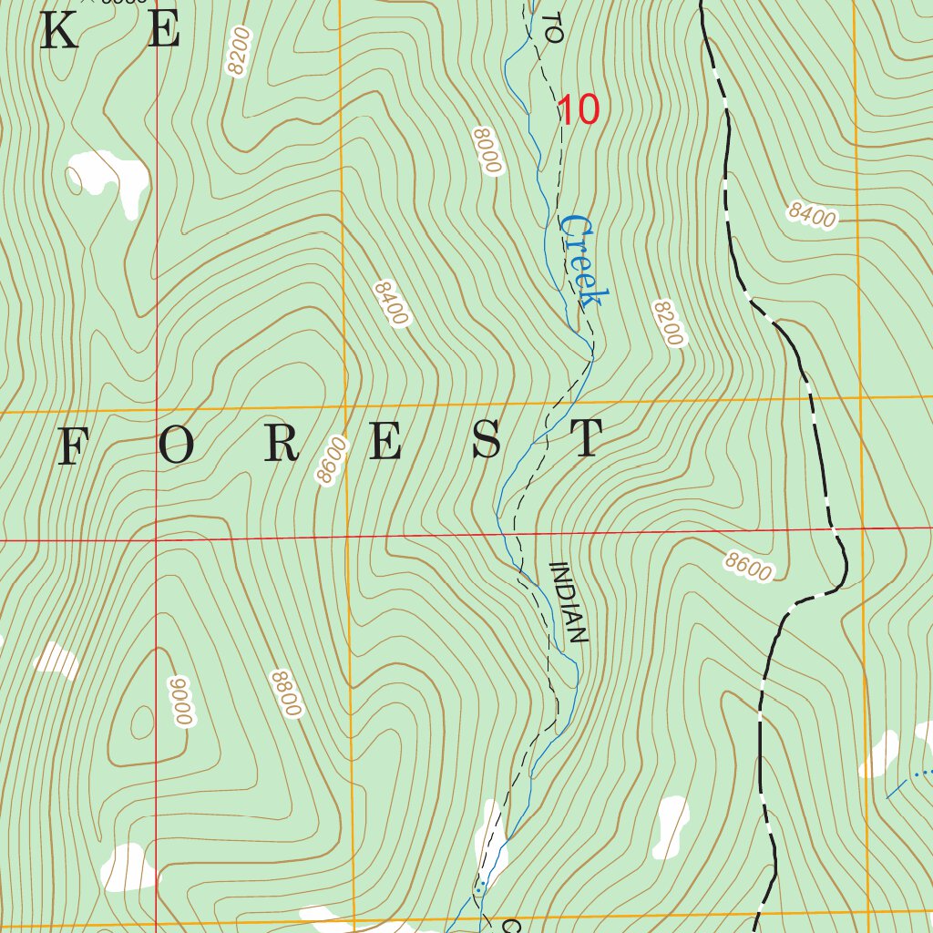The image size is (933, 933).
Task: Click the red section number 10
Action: pyautogui.click(x=579, y=110)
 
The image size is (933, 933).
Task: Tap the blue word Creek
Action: pyautogui.click(x=582, y=261)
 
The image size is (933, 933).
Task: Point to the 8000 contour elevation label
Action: pyautogui.click(x=488, y=151)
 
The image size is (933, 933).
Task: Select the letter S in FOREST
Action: pyautogui.click(x=487, y=441)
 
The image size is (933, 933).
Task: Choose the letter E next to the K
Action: pyautogui.click(x=164, y=32)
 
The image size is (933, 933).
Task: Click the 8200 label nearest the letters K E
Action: pyautogui.click(x=239, y=52)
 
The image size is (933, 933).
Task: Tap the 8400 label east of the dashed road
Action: pyautogui.click(x=812, y=215)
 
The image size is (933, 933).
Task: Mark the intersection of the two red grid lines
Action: pyautogui.click(x=156, y=539)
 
